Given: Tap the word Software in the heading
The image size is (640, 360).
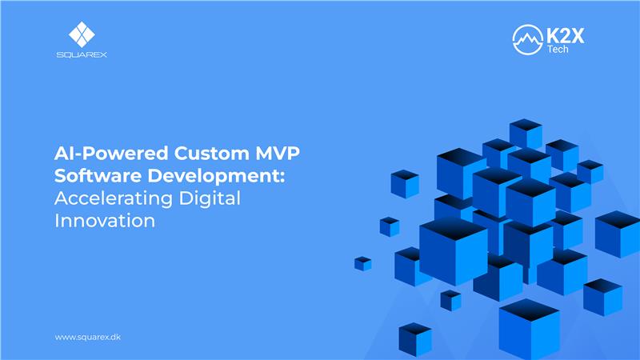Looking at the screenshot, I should pos(92,178).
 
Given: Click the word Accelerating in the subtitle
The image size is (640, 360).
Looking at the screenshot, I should pos(104,199).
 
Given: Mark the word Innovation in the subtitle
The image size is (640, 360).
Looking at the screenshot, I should pos(105,221).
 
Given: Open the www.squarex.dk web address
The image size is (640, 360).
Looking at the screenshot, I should pos(87,337).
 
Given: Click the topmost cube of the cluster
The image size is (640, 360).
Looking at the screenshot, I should pos(526,133).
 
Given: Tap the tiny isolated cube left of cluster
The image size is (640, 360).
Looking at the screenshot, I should pos(363,263).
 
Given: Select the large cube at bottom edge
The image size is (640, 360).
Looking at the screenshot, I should pos(529,327).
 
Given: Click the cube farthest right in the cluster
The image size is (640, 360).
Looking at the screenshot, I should pos(617,233).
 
